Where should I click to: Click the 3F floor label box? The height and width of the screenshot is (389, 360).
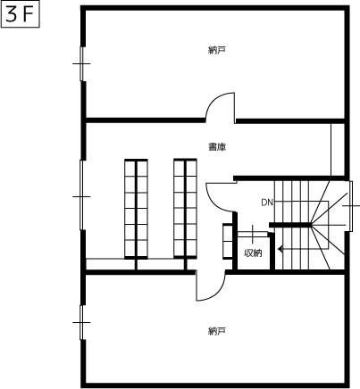pyautogui.click(x=21, y=16)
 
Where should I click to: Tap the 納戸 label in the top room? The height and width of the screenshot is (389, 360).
pyautogui.click(x=216, y=50)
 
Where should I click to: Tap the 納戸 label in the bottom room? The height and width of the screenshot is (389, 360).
pyautogui.click(x=216, y=331)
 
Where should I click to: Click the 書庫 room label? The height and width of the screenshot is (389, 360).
pyautogui.click(x=217, y=147)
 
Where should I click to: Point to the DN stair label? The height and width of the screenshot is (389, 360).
pyautogui.click(x=267, y=203)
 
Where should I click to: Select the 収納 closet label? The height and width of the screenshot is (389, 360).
pyautogui.click(x=253, y=253)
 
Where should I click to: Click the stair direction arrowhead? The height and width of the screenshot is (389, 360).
pyautogui.click(x=280, y=249)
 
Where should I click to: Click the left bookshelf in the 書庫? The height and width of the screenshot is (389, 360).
pyautogui.click(x=136, y=209)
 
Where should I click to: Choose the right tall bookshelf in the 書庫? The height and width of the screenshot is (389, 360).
pyautogui.click(x=185, y=209)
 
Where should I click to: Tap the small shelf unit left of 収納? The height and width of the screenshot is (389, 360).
pyautogui.click(x=228, y=241)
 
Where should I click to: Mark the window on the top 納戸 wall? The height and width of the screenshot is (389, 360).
pyautogui.click(x=81, y=63)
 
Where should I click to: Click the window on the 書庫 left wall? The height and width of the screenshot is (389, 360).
pyautogui.click(x=81, y=196)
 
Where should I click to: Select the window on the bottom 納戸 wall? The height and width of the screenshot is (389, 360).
pyautogui.click(x=81, y=322)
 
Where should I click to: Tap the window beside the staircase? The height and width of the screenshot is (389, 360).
pyautogui.click(x=351, y=206)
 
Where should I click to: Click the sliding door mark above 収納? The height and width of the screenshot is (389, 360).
pyautogui.click(x=253, y=234)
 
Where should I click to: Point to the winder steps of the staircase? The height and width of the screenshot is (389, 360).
pyautogui.click(x=328, y=225)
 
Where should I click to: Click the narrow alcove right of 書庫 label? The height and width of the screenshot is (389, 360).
pyautogui.click(x=338, y=149)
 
